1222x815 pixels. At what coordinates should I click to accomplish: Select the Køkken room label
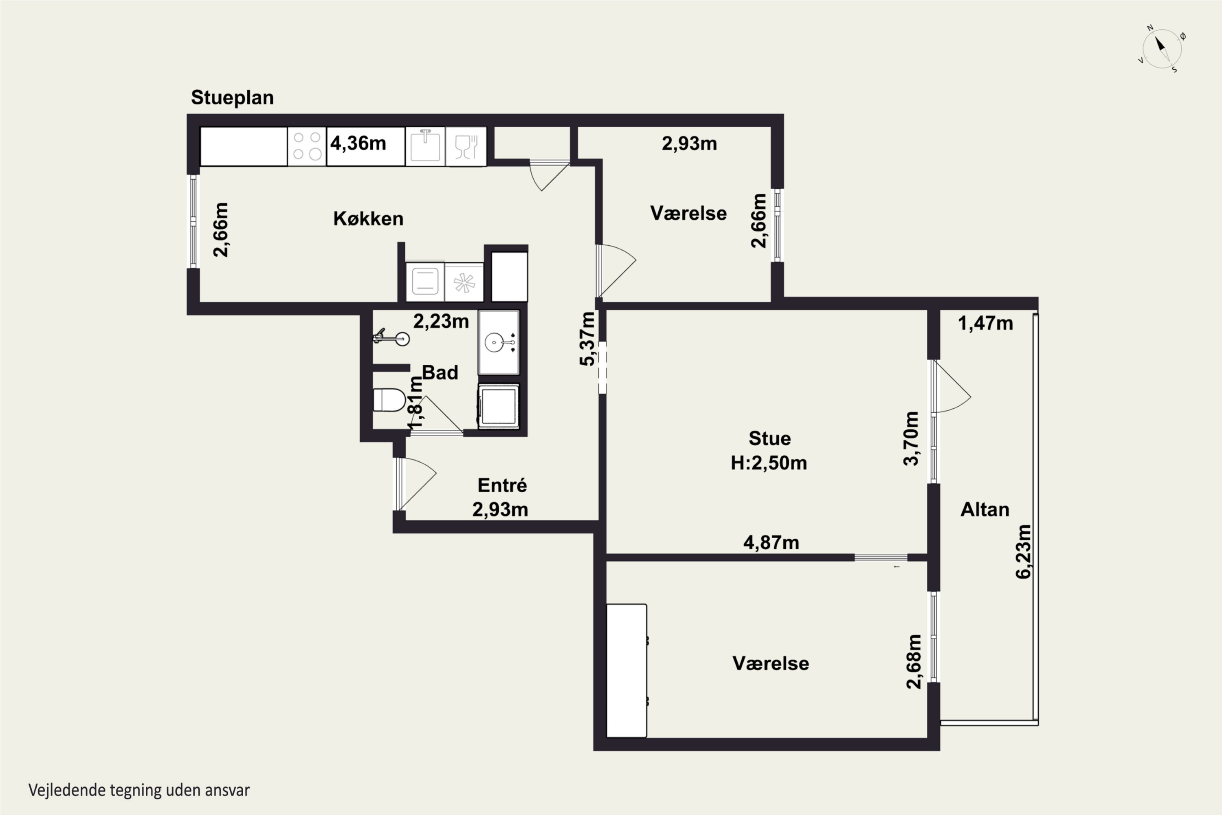[x=368, y=219]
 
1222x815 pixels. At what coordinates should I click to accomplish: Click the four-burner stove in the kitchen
[x=307, y=146]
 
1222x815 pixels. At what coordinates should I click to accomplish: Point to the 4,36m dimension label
[x=358, y=143]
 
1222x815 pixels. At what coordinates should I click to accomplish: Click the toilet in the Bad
[x=389, y=400]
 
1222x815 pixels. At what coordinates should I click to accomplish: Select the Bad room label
[x=440, y=373]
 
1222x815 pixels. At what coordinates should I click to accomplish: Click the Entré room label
[x=502, y=485]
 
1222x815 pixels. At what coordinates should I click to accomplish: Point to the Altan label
[x=985, y=510]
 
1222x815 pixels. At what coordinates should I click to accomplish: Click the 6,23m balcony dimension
[x=1023, y=551]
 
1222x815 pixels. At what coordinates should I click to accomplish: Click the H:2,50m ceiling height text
[x=769, y=463]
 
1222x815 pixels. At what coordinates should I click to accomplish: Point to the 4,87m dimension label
[x=771, y=543]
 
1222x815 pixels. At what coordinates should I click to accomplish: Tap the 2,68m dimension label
[x=913, y=662]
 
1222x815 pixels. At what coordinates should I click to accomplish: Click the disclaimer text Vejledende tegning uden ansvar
[x=139, y=791]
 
